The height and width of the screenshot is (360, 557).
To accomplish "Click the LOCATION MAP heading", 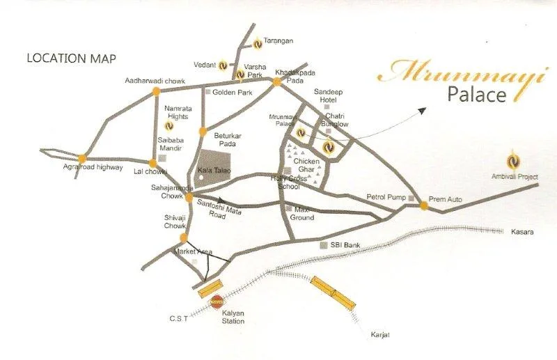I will pyautogui.click(x=71, y=58).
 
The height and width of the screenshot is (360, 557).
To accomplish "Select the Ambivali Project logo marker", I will pyautogui.click(x=513, y=159).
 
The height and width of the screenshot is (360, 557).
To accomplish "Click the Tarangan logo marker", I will pyautogui.click(x=257, y=43).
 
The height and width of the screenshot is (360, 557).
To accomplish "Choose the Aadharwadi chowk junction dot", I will pyautogui.click(x=156, y=91).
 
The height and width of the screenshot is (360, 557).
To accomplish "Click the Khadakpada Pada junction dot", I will pyautogui.click(x=276, y=82).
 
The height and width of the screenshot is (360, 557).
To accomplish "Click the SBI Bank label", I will pyautogui.click(x=347, y=245).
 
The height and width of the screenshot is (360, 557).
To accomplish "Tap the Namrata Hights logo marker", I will pyautogui.click(x=169, y=127).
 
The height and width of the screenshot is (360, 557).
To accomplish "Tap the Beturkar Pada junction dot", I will pyautogui.click(x=203, y=131).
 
